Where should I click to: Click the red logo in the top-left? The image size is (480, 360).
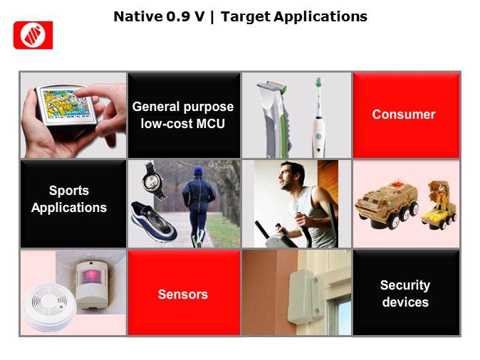33,35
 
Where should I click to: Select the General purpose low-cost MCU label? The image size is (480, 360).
183,115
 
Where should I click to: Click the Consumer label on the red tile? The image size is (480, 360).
404,115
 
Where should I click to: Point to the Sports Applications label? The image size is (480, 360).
69,199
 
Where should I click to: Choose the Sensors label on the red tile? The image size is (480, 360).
183,294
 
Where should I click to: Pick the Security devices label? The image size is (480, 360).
405,293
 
